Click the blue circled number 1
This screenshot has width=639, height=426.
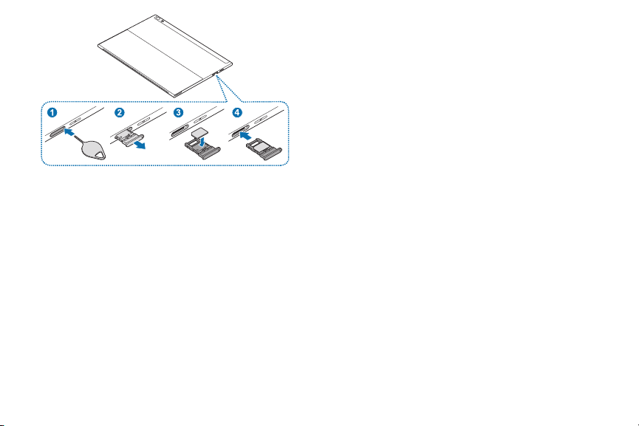coord(52,112)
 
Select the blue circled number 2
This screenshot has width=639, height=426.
coord(120,112)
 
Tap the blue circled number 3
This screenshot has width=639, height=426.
coord(179,112)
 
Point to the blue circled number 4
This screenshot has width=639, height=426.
coord(237,112)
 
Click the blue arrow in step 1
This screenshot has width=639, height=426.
coord(69,132)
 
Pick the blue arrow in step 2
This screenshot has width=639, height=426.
coord(140,145)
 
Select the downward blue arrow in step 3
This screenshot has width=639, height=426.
coord(202,141)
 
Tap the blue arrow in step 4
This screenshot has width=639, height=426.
coord(245,136)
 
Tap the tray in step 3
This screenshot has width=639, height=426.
coord(202,149)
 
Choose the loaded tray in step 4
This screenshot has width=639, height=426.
coord(264,148)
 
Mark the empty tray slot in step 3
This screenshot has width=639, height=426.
coord(180,131)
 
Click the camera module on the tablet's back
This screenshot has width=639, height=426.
coord(159,19)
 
